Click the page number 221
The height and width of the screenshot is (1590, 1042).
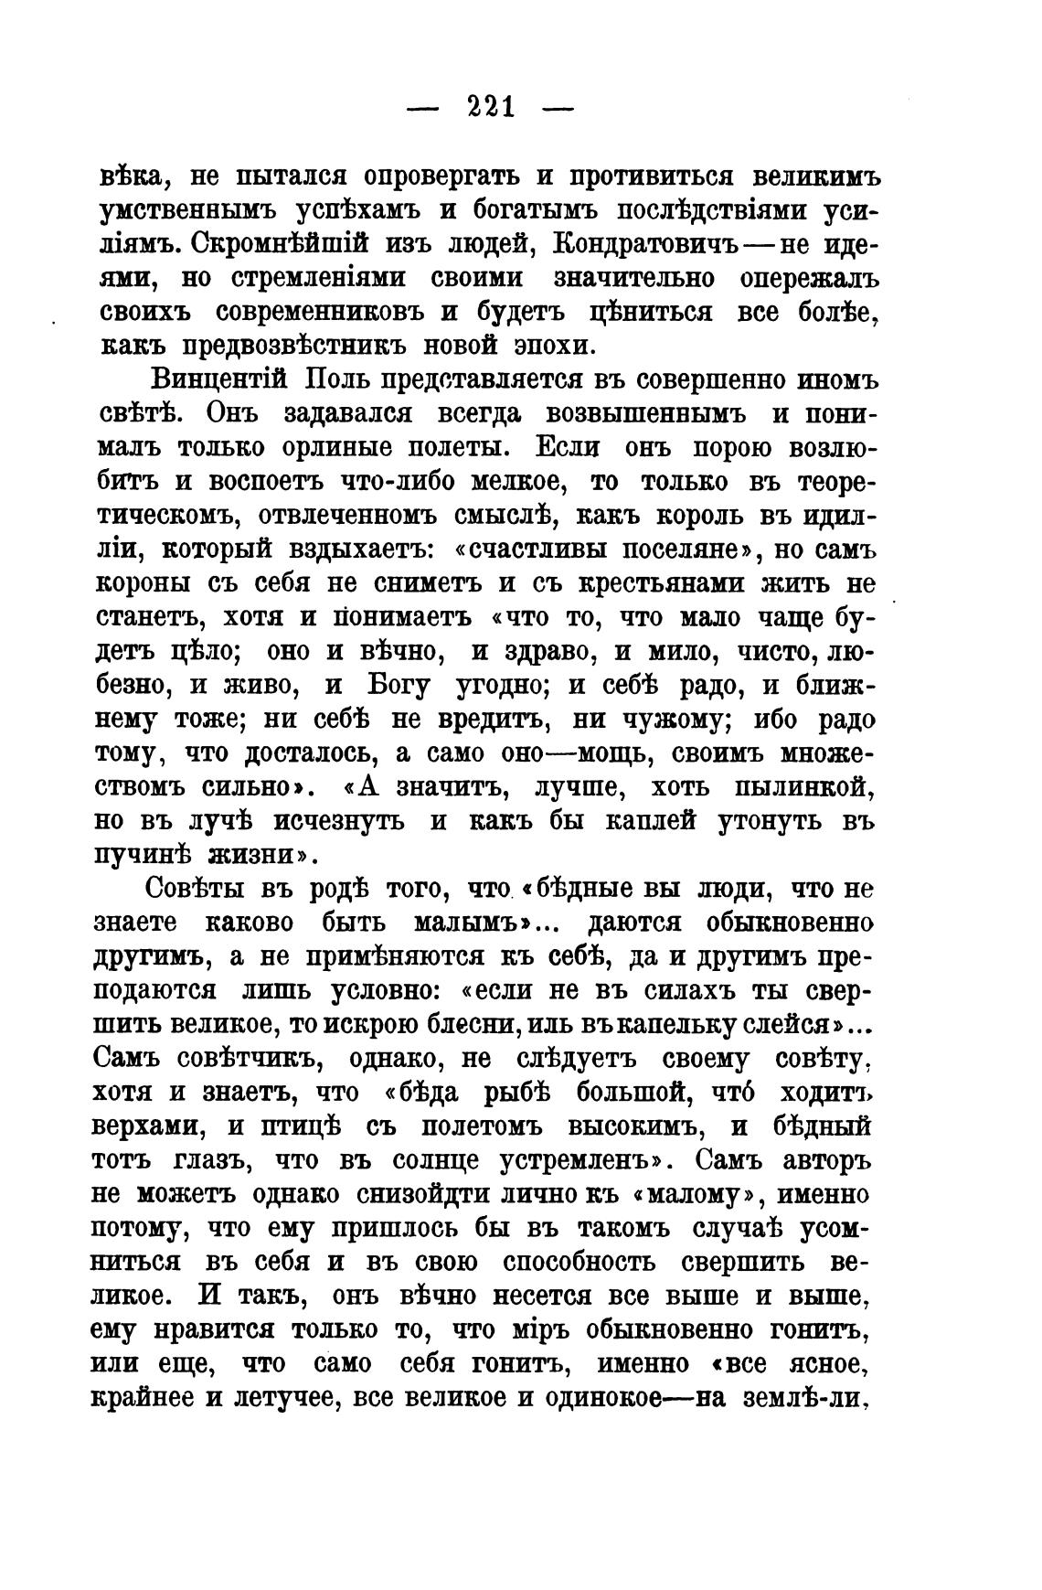coord(491,108)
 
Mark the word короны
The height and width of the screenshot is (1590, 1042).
coord(145,583)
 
